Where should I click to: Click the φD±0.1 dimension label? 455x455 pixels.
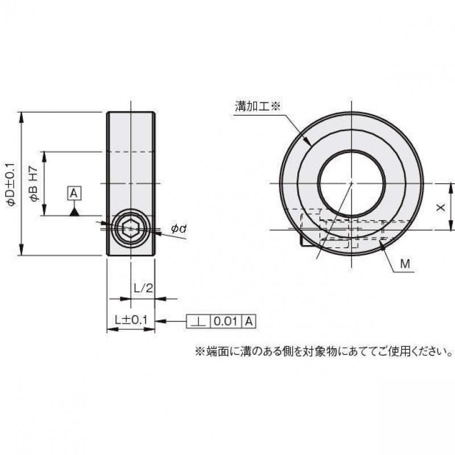pos(10,184)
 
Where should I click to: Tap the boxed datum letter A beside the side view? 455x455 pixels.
pos(74,193)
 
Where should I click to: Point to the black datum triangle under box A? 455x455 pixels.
pos(74,212)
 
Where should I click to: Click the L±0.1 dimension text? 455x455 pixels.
pos(131,321)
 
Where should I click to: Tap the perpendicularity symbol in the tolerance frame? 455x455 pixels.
pos(198,321)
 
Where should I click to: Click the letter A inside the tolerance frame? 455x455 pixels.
pos(249,321)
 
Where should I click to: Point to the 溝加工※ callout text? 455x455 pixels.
pos(258,106)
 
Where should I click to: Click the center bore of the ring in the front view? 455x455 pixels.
pos(351,183)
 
